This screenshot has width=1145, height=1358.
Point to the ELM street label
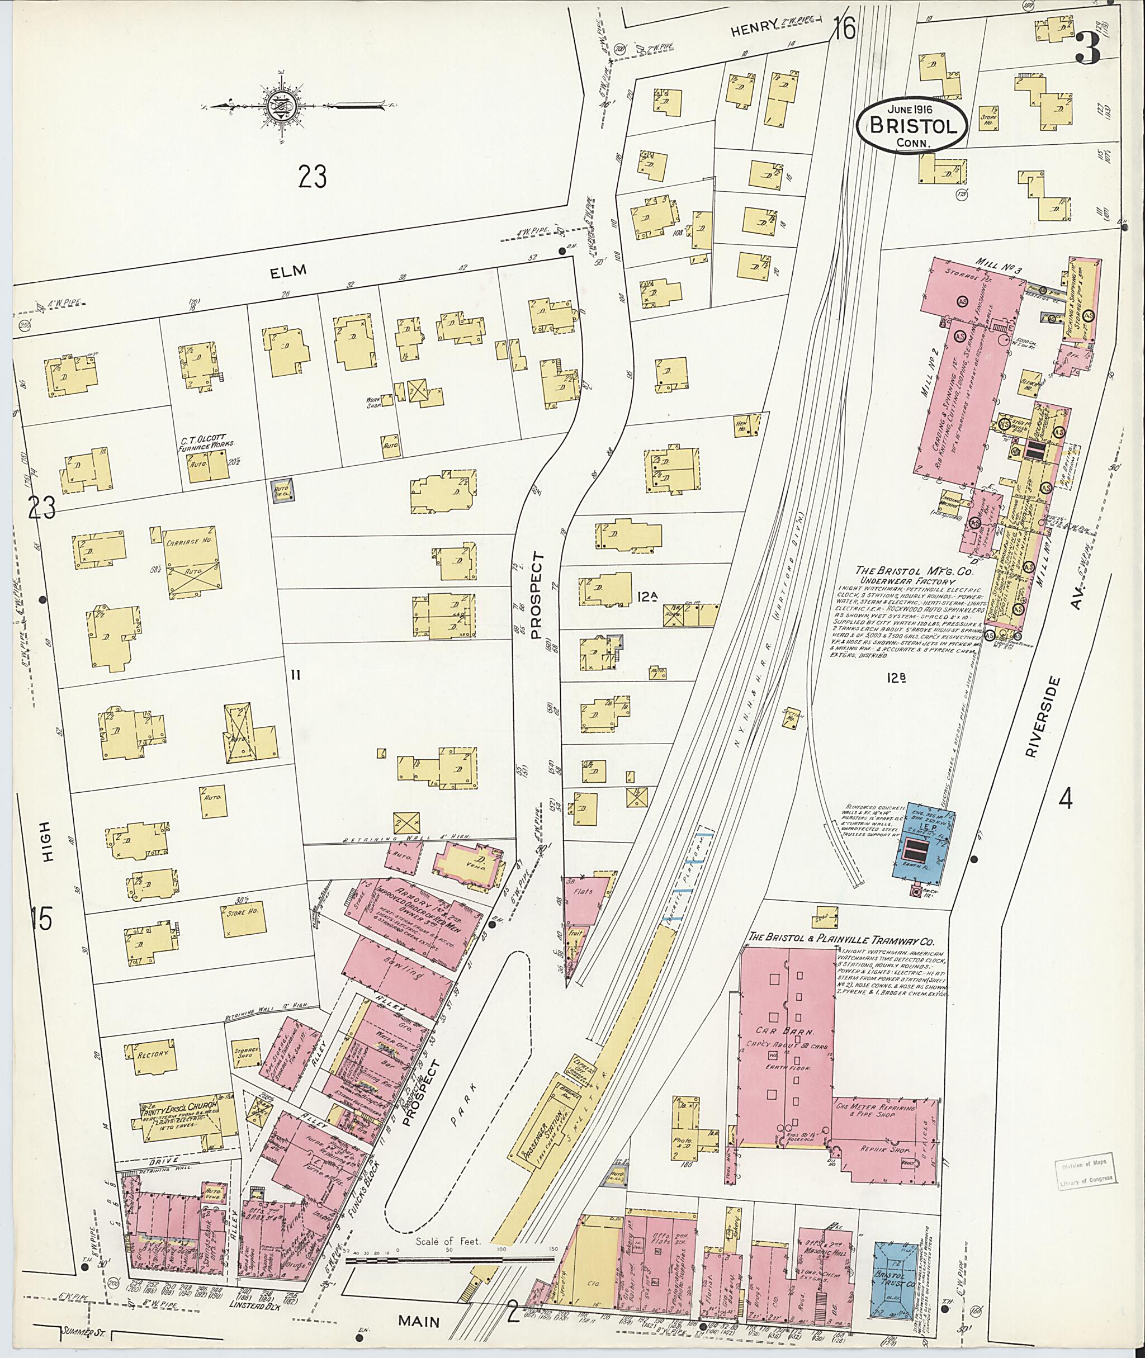pyautogui.click(x=289, y=271)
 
